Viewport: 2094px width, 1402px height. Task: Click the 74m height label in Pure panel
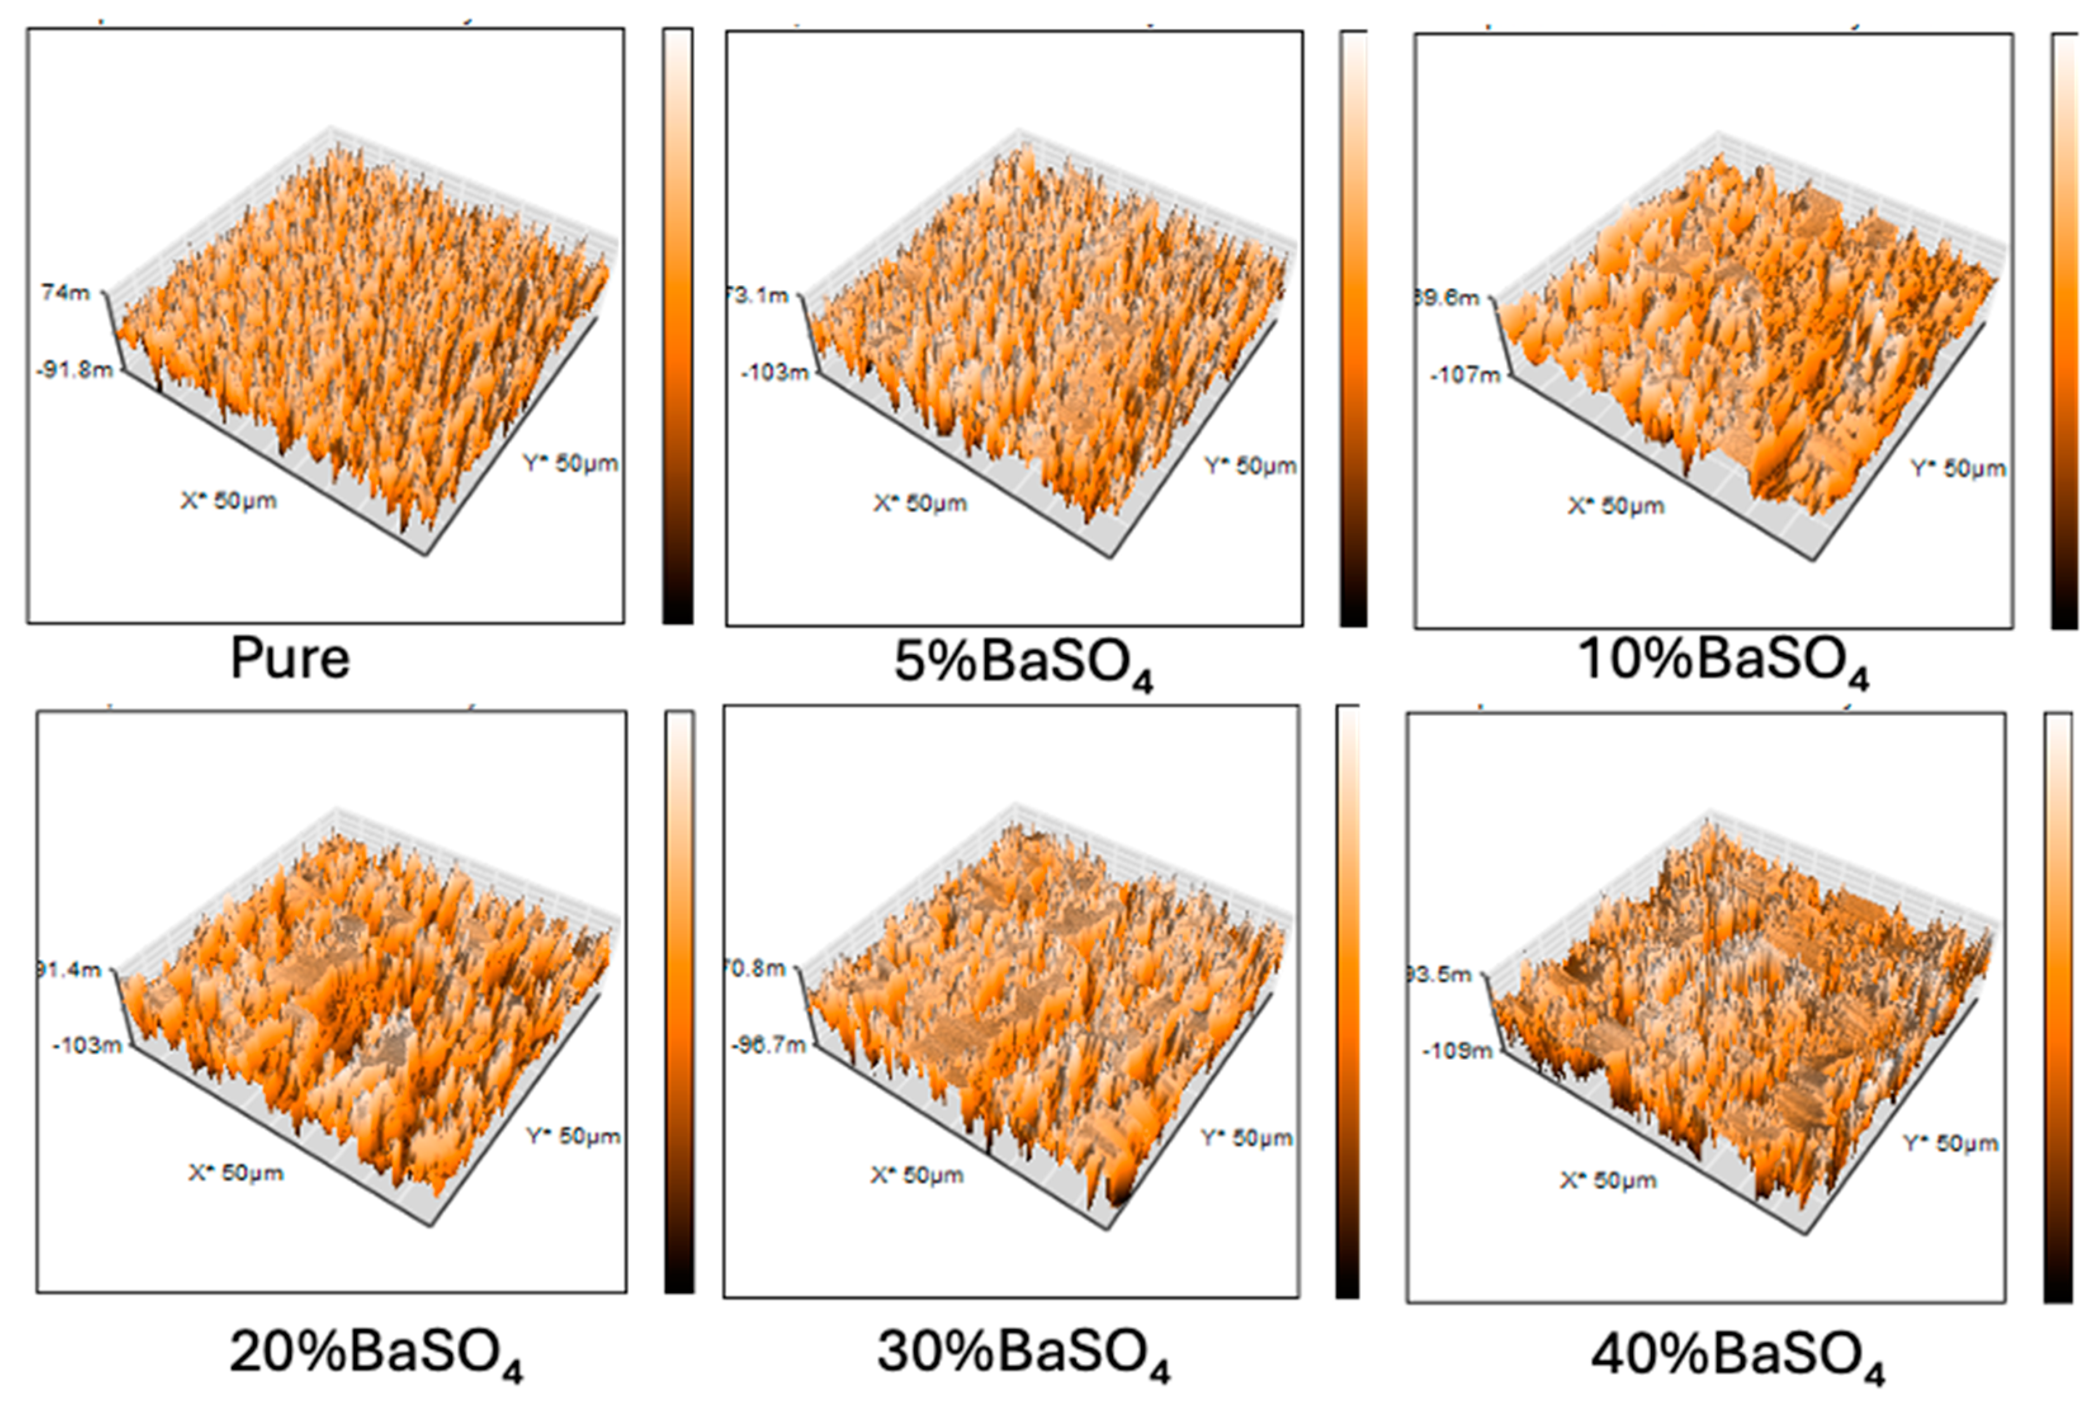[x=65, y=292]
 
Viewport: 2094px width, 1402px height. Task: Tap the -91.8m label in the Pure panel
[x=75, y=369]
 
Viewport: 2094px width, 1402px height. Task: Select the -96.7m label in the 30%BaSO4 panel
[x=768, y=1044]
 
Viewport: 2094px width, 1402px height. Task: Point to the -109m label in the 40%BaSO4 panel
[x=1457, y=1051]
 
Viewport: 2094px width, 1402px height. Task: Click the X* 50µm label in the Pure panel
[x=229, y=501]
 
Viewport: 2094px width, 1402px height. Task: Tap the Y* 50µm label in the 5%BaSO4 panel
[x=1249, y=466]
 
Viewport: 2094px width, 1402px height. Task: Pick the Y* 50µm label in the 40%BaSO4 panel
[x=1949, y=1143]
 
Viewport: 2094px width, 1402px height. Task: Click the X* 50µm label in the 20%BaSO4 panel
[x=236, y=1172]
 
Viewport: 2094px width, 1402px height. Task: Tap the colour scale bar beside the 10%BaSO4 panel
[x=2064, y=331]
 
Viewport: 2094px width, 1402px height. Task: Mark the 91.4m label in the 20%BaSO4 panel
[x=70, y=970]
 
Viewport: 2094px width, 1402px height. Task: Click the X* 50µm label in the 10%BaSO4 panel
[x=1616, y=506]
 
